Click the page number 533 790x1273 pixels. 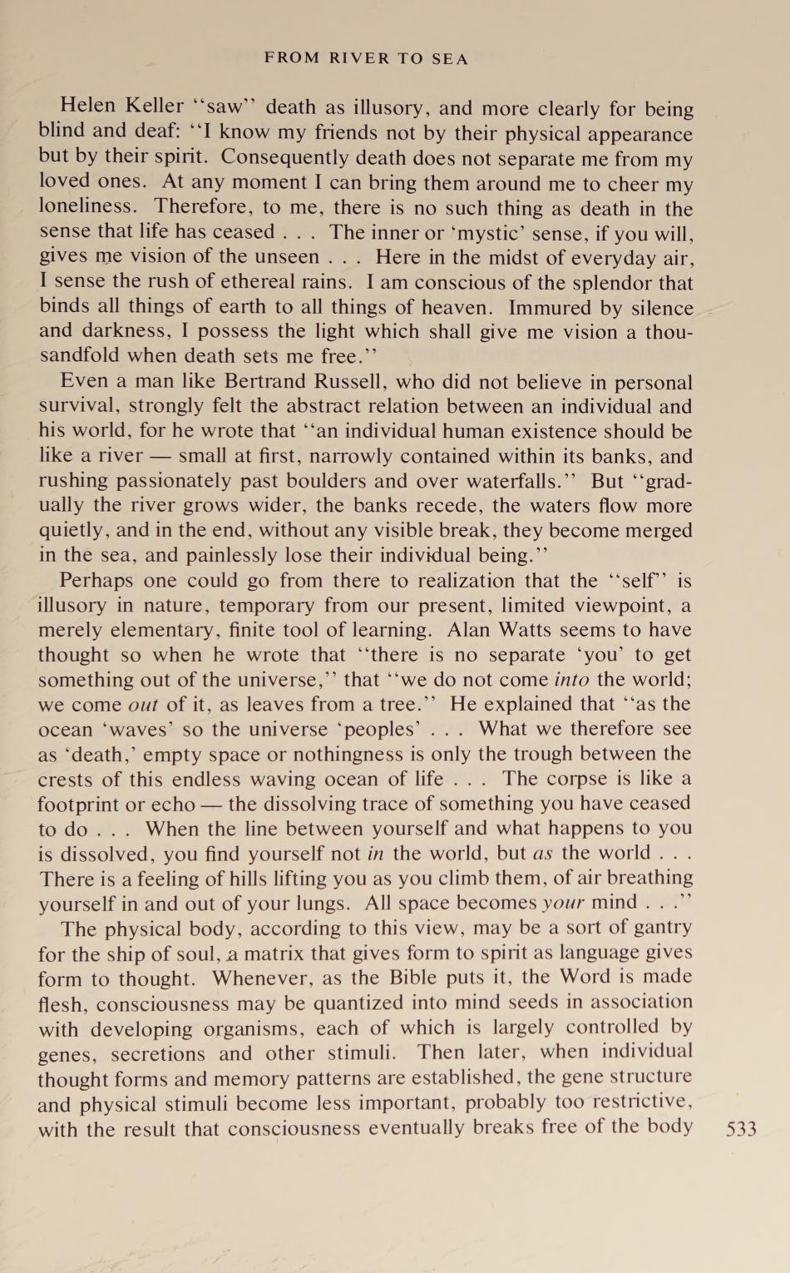click(741, 1129)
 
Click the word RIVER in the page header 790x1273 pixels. click(359, 59)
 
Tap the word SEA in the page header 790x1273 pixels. click(450, 59)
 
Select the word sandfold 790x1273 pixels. click(76, 356)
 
